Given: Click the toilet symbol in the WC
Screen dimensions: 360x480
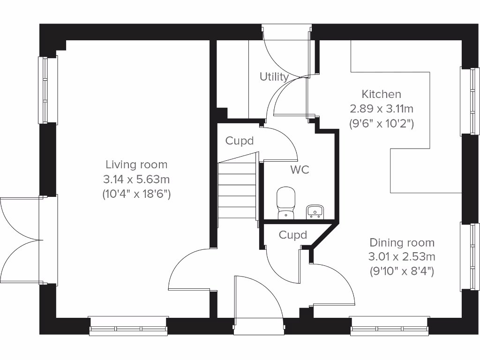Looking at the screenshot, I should (x=285, y=203).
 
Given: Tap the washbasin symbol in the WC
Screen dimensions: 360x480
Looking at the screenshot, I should (x=315, y=211).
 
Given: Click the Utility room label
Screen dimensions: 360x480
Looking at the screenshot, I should (x=274, y=76).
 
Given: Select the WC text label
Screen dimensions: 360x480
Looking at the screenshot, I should (x=300, y=170).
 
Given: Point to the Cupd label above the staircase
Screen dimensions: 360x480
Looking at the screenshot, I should (x=240, y=141).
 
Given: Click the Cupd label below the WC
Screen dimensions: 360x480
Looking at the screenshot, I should (x=292, y=235).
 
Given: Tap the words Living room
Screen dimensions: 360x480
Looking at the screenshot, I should (x=136, y=165).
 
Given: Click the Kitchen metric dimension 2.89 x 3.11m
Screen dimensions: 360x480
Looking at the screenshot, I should (x=382, y=109).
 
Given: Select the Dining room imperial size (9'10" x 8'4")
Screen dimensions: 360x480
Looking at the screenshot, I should (x=401, y=270).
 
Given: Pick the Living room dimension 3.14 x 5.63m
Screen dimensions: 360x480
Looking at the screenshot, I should (x=136, y=179).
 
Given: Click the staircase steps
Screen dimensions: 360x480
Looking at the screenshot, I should (x=237, y=190).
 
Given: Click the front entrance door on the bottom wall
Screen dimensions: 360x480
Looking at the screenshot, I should (x=258, y=300).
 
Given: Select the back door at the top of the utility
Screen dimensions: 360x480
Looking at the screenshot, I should (x=286, y=52).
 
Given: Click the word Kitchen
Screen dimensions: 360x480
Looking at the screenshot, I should (x=382, y=94).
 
